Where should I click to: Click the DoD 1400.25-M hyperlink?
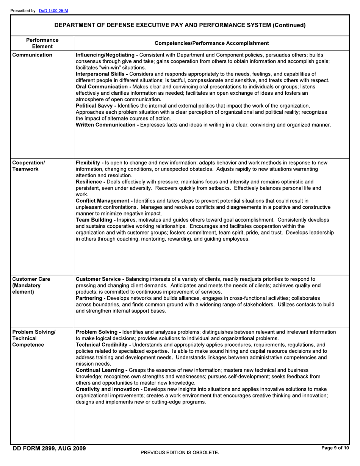pyautogui.click(x=53, y=11)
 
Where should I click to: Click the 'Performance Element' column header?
pyautogui.click(x=42, y=43)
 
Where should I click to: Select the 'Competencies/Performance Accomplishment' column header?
pyautogui.click(x=212, y=43)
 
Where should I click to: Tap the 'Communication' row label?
pyautogui.click(x=32, y=55)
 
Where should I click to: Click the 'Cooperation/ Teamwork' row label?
pyautogui.click(x=28, y=166)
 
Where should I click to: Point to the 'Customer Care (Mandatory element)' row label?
pyautogui.click(x=31, y=285)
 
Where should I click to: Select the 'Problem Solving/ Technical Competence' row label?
pyautogui.click(x=34, y=338)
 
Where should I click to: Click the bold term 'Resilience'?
pyautogui.click(x=89, y=182)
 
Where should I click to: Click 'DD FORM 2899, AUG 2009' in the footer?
pyautogui.click(x=49, y=449)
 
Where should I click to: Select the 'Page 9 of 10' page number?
pyautogui.click(x=335, y=448)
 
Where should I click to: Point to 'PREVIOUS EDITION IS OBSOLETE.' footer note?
pyautogui.click(x=180, y=453)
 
